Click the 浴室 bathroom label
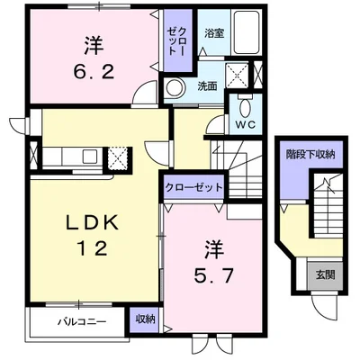pyautogui.click(x=214, y=33)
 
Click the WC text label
pyautogui.click(x=245, y=125)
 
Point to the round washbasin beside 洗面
pyautogui.click(x=174, y=88)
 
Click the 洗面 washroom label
pyautogui.click(x=207, y=86)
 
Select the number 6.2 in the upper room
pyautogui.click(x=94, y=72)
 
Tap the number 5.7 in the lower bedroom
pyautogui.click(x=213, y=276)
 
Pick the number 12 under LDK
pyautogui.click(x=93, y=248)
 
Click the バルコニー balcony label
pyautogui.click(x=82, y=321)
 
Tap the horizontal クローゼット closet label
pyautogui.click(x=193, y=188)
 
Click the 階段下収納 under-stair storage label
pyautogui.click(x=310, y=154)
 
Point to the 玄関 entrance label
pyautogui.click(x=325, y=274)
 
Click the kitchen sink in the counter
pyautogui.click(x=90, y=157)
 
